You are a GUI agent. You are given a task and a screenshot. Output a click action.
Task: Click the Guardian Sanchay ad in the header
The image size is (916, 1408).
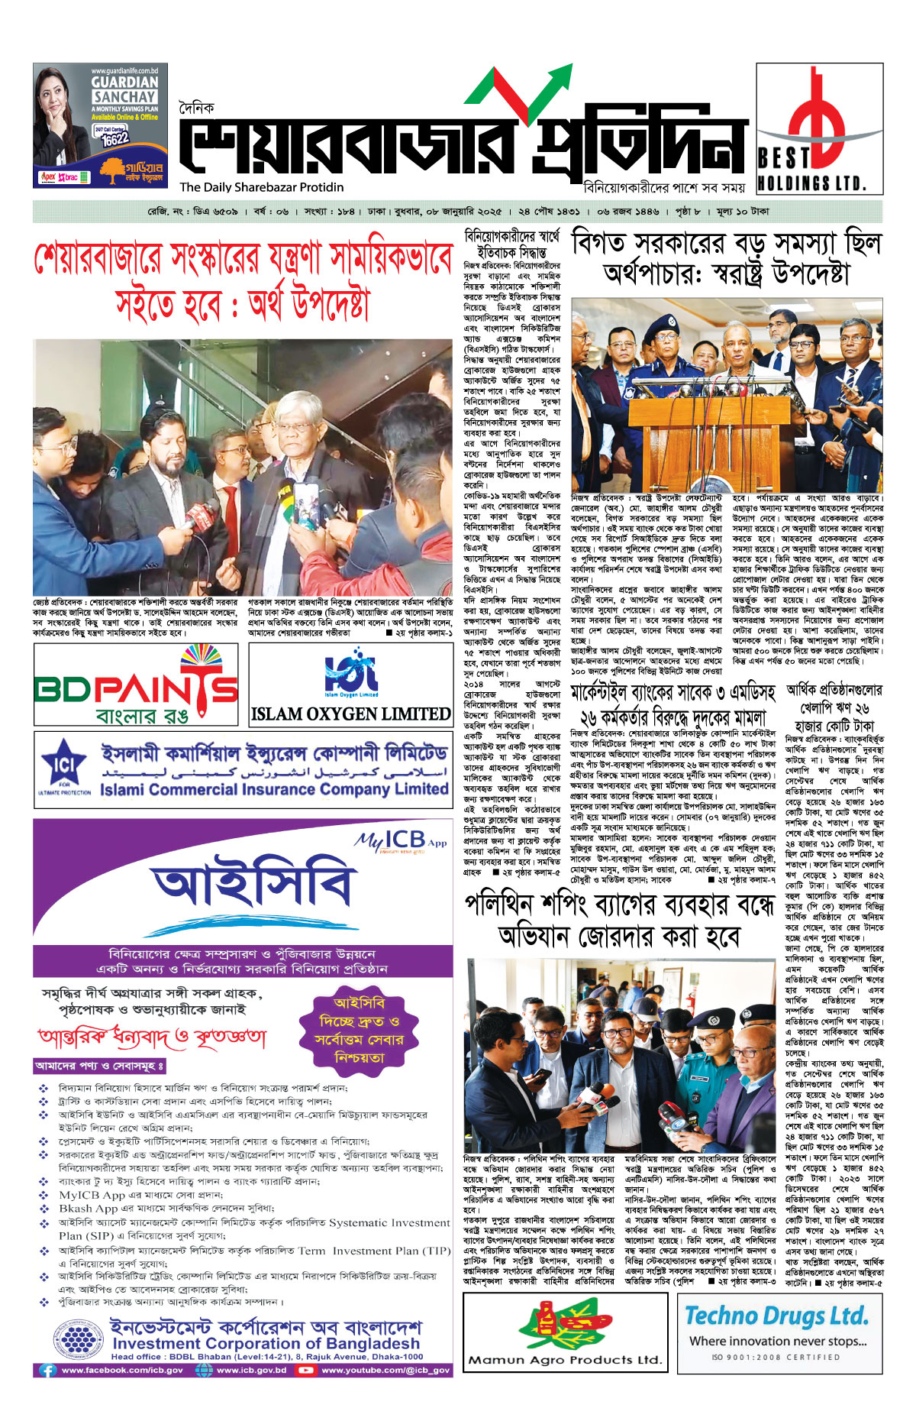pyautogui.click(x=100, y=125)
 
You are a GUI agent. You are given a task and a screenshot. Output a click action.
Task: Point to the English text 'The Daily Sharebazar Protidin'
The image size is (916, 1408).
pyautogui.click(x=262, y=187)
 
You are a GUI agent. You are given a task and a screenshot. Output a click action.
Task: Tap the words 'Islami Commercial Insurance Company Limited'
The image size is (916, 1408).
pyautogui.click(x=274, y=789)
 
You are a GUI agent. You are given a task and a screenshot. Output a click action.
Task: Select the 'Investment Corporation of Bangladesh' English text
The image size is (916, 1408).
pyautogui.click(x=266, y=1343)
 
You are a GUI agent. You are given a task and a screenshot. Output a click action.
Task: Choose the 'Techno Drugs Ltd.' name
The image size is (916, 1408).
pyautogui.click(x=776, y=1316)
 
